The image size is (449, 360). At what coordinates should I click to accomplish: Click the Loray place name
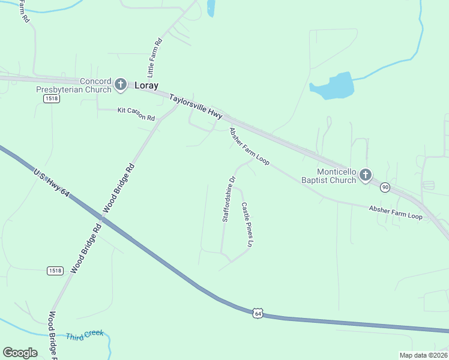(x=146, y=85)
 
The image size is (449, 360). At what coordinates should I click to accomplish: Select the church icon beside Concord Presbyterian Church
(x=120, y=84)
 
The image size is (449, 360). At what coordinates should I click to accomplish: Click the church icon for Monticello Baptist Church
(x=366, y=175)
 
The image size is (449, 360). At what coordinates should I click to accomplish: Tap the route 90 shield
(x=385, y=188)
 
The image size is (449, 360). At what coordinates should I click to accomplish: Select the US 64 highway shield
(x=258, y=313)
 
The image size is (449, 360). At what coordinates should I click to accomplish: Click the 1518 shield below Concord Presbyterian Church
(x=51, y=98)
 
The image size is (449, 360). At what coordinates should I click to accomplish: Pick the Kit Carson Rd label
(x=136, y=114)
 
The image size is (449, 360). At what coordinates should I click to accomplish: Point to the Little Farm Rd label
(x=155, y=58)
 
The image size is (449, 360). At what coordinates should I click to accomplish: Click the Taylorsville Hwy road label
(x=196, y=106)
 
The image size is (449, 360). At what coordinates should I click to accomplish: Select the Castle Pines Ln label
(x=247, y=224)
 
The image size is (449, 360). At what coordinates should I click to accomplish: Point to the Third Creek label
(x=85, y=335)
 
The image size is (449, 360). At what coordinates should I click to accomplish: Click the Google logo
(x=20, y=353)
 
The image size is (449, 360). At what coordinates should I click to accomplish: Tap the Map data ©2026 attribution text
(x=423, y=355)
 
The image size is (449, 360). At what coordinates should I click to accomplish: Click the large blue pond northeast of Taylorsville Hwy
(x=333, y=86)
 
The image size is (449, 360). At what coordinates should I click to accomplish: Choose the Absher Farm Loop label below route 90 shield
(x=396, y=212)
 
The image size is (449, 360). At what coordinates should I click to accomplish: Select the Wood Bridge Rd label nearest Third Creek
(x=52, y=333)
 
